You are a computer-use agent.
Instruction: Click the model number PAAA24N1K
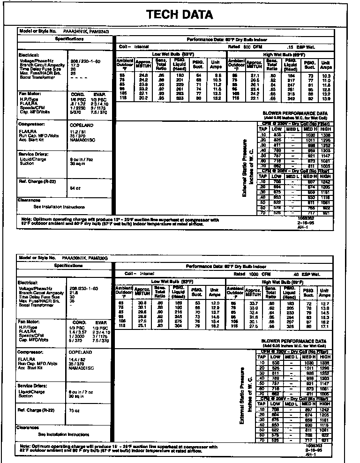pyautogui.click(x=74, y=31)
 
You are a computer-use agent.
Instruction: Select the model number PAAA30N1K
pyautogui.click(x=74, y=258)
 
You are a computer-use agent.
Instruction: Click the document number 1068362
pyautogui.click(x=306, y=218)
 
